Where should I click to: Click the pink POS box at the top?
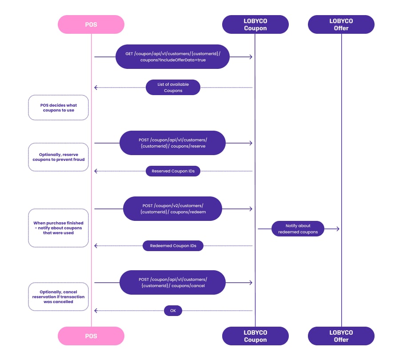[x=91, y=24]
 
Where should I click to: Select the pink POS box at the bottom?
[x=91, y=336]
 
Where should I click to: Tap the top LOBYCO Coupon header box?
[x=255, y=24]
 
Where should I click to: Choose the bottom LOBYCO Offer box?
[x=341, y=336]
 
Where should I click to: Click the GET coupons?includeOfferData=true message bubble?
[x=172, y=56]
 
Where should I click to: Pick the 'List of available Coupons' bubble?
[x=173, y=88]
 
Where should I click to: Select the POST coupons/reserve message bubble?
[x=172, y=143]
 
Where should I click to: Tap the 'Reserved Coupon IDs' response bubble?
[x=173, y=171]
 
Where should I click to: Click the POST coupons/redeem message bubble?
[x=172, y=209]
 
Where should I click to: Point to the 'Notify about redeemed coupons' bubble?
[x=298, y=228]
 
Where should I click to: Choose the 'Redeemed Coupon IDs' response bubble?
[x=173, y=246]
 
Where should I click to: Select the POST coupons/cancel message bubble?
[x=172, y=282]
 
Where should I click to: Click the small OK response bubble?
[x=173, y=311]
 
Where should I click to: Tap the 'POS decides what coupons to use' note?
[x=58, y=108]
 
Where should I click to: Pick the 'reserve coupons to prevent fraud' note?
[x=58, y=157]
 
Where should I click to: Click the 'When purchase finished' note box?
[x=58, y=228]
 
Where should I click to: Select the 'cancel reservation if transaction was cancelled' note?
[x=58, y=296]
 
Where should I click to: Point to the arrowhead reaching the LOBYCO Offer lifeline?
[x=338, y=228]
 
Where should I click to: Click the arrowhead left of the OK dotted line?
[x=96, y=311]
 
